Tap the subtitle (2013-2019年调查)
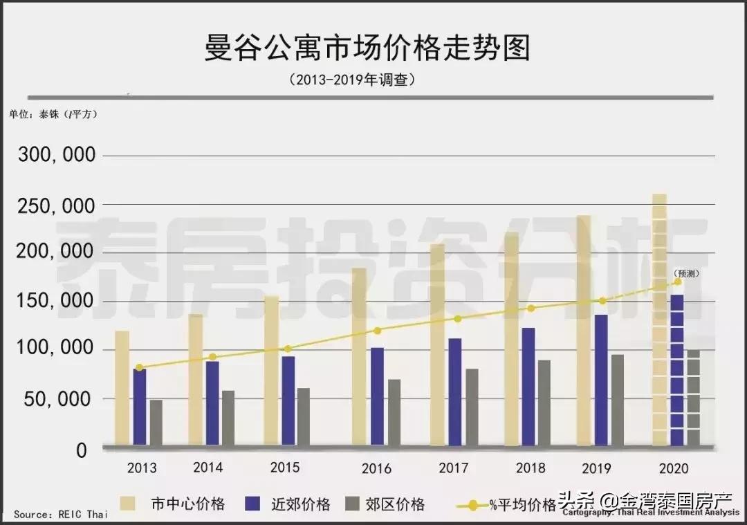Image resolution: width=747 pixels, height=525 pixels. tap(353, 80)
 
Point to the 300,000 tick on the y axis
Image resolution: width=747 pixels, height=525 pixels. tap(56, 156)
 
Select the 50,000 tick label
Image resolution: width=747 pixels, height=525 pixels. tap(61, 399)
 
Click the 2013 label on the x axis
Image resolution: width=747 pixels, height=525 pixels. tap(141, 468)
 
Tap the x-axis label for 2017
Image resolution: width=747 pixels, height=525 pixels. tap(454, 468)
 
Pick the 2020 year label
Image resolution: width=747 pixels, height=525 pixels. tap(674, 468)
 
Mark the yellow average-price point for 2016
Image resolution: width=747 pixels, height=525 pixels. tap(378, 331)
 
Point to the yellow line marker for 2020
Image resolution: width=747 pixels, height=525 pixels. tap(678, 282)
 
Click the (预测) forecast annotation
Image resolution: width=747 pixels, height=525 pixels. tap(686, 273)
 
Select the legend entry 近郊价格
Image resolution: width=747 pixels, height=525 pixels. tap(286, 504)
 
